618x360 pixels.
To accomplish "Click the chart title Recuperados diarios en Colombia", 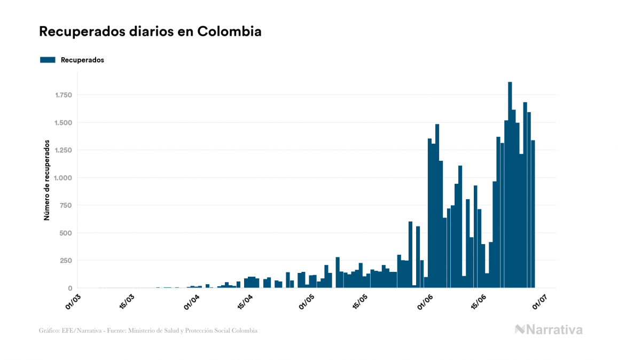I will pos(150,32).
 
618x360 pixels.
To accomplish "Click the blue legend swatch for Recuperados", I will pos(48,60).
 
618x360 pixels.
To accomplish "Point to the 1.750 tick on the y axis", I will pos(62,95).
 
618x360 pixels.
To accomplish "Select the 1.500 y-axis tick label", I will pos(62,122).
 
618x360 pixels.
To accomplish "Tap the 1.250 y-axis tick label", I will pos(62,150).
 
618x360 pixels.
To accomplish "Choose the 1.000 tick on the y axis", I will pos(62,178).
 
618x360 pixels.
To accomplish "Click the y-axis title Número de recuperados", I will pos(47,181).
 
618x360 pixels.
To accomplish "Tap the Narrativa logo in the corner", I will pos(549,330).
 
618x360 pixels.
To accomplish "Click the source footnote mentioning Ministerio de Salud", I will pos(148,331).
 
